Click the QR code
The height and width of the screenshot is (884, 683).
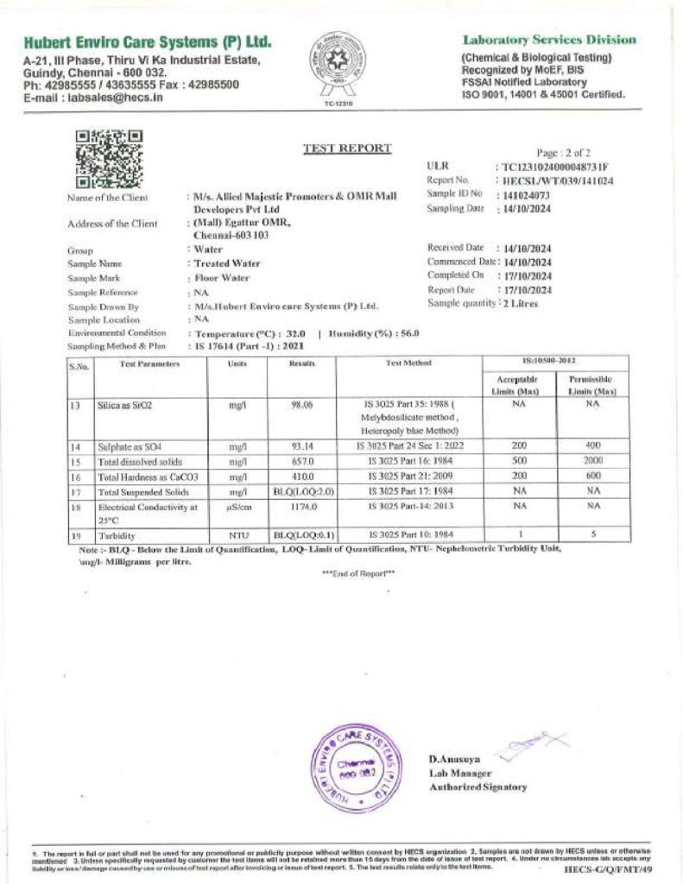(109, 158)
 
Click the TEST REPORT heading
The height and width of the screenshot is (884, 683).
(347, 148)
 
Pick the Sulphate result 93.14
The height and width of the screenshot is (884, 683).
(302, 446)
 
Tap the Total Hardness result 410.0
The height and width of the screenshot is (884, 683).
(302, 477)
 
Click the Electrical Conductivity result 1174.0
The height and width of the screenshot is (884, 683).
(302, 507)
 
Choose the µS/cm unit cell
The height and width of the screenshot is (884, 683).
(238, 507)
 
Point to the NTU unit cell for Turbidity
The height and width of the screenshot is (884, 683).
(238, 536)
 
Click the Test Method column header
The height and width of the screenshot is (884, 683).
(408, 364)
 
